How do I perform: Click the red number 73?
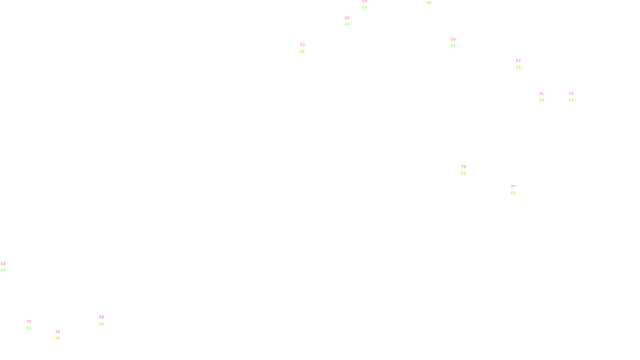point(302,45)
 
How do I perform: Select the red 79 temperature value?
point(463,167)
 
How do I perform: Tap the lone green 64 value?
point(429,3)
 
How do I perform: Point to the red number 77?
point(513,187)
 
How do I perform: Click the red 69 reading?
point(571,94)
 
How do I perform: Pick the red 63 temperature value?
point(518,61)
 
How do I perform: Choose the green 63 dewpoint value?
point(347,24)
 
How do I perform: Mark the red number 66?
point(347,18)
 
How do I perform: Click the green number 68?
point(3,270)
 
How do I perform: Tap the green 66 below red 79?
point(463,174)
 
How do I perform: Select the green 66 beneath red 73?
point(302,52)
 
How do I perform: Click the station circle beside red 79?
point(467,170)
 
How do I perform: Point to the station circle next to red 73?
point(306,48)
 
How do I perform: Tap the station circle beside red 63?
point(522,64)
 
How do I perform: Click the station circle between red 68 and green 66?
point(105,320)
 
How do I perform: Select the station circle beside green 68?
point(7,267)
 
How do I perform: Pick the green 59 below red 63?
point(518,68)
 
